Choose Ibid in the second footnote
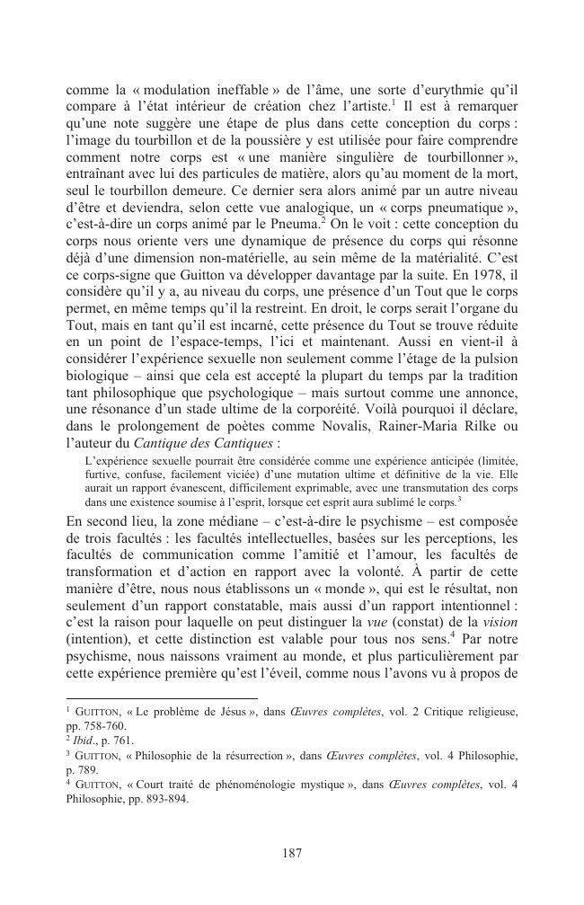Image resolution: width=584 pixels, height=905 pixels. (x=82, y=740)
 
